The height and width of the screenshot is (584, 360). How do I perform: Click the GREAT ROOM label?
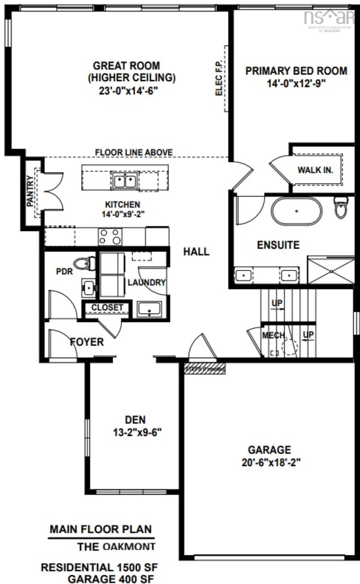(126, 66)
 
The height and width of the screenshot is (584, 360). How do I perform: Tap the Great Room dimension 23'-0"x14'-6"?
(129, 91)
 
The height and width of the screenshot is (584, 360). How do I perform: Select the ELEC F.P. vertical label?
(219, 78)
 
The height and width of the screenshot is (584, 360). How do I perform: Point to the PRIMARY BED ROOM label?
(296, 71)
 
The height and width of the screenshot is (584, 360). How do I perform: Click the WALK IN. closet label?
(315, 170)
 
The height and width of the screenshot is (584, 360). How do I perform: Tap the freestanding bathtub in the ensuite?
(297, 211)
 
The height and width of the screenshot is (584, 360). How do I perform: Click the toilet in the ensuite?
(341, 208)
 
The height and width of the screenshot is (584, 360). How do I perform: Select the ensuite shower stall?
(331, 271)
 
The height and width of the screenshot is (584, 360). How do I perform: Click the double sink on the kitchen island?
(125, 180)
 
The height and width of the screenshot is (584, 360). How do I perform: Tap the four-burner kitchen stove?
(110, 237)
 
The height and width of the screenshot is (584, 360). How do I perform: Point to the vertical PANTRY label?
(30, 196)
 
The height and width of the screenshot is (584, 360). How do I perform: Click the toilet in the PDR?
(84, 263)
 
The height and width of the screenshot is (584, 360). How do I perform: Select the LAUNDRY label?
(146, 282)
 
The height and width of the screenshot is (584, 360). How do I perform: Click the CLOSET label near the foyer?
(107, 308)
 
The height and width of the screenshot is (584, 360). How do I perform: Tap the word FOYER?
(87, 342)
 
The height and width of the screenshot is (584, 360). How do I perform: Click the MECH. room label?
(274, 336)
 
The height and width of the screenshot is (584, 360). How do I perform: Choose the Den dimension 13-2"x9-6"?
(137, 433)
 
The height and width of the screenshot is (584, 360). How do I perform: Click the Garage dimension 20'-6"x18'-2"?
(271, 463)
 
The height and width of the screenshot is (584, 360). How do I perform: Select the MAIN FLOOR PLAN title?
(101, 529)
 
